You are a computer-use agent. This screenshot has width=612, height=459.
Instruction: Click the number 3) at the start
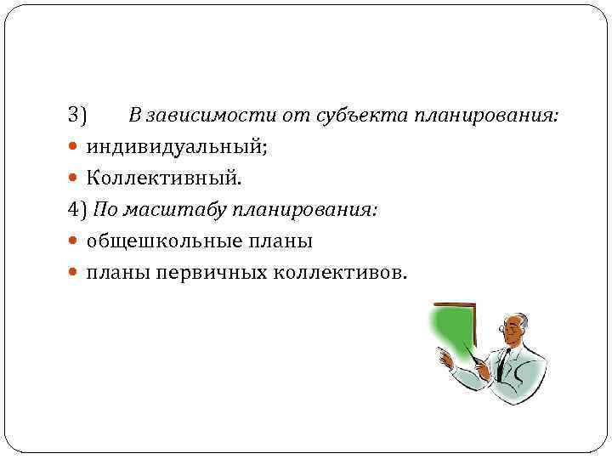(78, 115)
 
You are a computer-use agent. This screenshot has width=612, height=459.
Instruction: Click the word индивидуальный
(175, 147)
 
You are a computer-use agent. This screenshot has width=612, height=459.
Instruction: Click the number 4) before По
(78, 210)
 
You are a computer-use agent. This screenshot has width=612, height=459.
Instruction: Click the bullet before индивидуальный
(73, 147)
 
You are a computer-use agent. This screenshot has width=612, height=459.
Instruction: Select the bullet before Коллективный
(73, 178)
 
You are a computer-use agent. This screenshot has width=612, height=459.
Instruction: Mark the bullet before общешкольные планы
(73, 241)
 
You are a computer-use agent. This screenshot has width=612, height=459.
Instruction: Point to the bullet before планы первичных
(73, 273)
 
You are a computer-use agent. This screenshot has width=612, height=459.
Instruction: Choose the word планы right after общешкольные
(283, 241)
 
